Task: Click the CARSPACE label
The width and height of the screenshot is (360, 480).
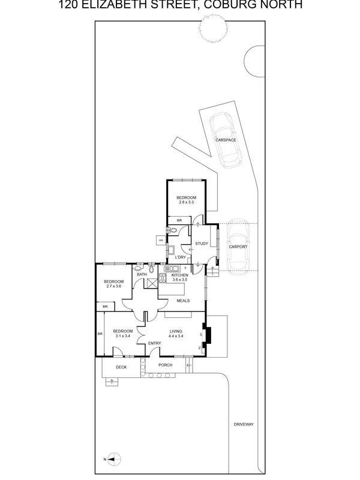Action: [x=226, y=140]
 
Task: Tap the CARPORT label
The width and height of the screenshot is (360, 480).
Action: [x=238, y=247]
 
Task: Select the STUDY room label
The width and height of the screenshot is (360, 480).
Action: [x=202, y=244]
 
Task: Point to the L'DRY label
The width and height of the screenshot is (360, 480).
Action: [x=181, y=257]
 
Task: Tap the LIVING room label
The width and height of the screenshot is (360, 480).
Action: [x=175, y=331]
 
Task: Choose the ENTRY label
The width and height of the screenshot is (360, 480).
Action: [x=155, y=343]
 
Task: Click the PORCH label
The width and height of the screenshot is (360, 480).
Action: [x=165, y=365]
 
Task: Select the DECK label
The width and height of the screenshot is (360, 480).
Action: [x=121, y=367]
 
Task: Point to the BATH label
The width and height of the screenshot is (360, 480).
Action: [x=142, y=274]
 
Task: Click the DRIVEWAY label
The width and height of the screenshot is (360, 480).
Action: [x=244, y=424]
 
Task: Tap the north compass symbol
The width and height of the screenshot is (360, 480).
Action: [x=110, y=459]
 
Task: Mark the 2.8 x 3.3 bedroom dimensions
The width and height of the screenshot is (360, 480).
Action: [x=187, y=202]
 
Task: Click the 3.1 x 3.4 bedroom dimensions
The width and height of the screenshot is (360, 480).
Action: [x=123, y=336]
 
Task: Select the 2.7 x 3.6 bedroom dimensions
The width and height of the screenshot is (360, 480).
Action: [x=113, y=287]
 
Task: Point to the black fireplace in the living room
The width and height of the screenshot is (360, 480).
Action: [x=207, y=335]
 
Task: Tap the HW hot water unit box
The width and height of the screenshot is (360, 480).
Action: [x=161, y=241]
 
